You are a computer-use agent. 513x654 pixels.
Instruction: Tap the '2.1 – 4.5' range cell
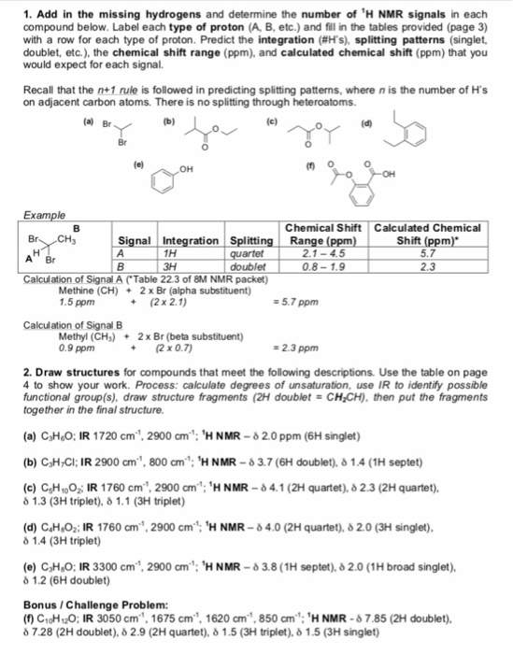point(322,251)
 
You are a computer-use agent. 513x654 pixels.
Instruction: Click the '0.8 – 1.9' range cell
point(322,263)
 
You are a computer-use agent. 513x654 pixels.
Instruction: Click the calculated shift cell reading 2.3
point(426,263)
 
